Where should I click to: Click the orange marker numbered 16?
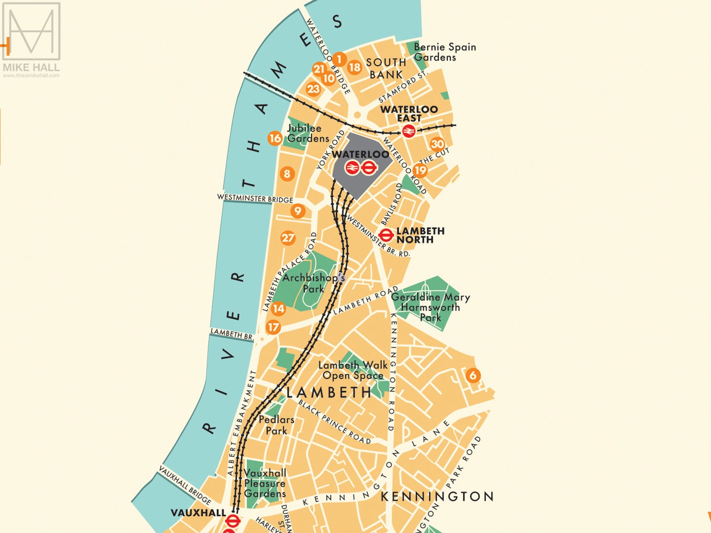tap(275, 138)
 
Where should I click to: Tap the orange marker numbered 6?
tap(473, 375)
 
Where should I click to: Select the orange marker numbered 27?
tap(288, 238)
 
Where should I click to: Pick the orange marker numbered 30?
tap(437, 144)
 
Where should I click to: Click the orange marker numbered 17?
tap(273, 327)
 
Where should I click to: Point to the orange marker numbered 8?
tap(287, 174)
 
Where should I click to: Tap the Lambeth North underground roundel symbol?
tap(385, 235)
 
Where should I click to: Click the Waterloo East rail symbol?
tap(408, 131)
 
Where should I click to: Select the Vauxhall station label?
tap(198, 513)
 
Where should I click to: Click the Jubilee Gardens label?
tap(308, 133)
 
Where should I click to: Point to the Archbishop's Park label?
tap(313, 283)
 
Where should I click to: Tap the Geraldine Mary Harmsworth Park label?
tap(430, 307)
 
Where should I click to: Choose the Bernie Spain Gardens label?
tap(444, 52)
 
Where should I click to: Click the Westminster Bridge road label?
tap(255, 198)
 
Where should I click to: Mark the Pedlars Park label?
tap(276, 425)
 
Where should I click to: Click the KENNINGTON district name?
tap(437, 496)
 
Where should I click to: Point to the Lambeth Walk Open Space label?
tap(352, 370)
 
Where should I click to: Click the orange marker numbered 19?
tap(420, 170)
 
